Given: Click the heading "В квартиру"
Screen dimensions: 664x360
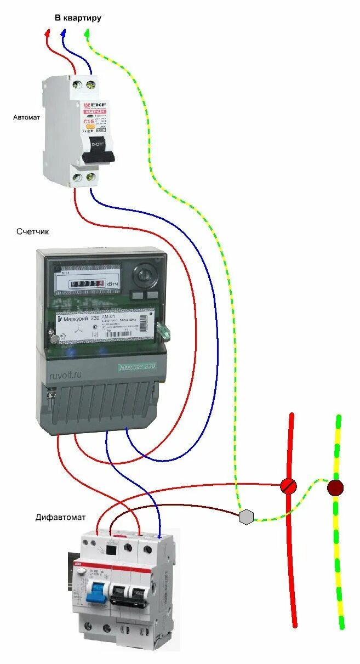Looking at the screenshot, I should [77, 18].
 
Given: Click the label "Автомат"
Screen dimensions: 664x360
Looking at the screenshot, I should [26, 117].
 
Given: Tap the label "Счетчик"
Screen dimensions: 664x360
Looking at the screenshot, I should [33, 231].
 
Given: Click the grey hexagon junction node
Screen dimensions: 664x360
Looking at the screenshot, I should [247, 517].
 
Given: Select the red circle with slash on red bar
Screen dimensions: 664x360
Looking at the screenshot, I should [288, 485].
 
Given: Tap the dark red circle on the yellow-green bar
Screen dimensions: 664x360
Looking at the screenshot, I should [335, 487].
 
